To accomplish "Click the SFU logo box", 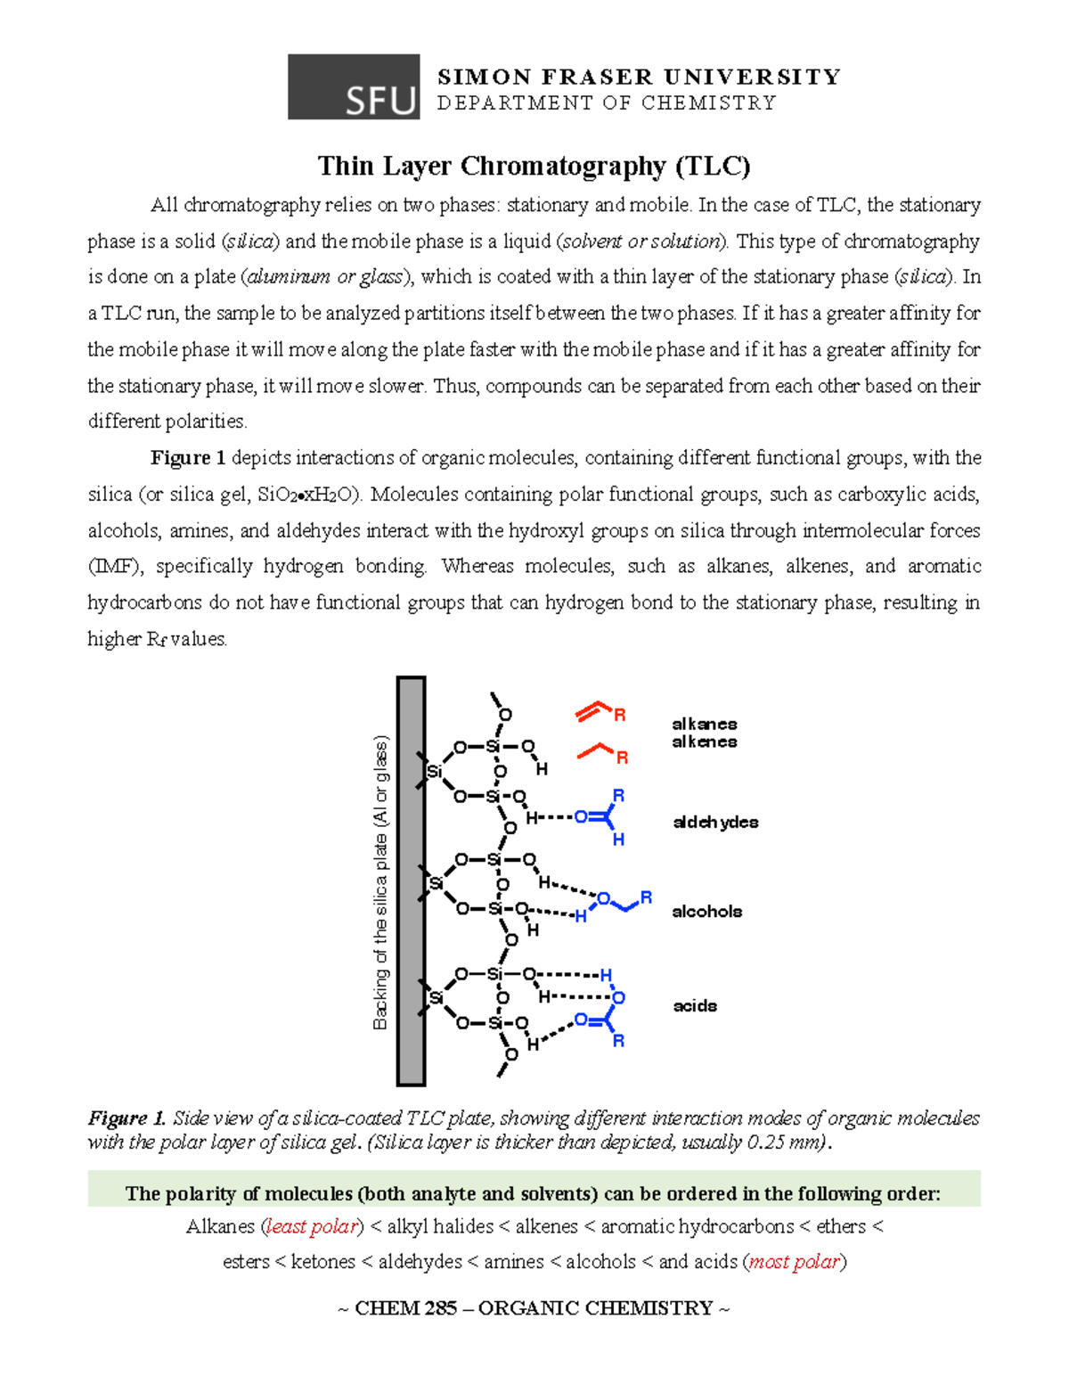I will click(x=354, y=86).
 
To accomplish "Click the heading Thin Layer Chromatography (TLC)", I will click(x=534, y=167).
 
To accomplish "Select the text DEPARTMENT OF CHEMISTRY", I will click(x=607, y=103).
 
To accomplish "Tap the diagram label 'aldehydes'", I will click(x=715, y=822).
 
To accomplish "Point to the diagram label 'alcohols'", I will click(x=707, y=911).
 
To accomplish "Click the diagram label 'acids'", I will click(x=695, y=1006).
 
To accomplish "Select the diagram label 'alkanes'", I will click(x=705, y=724).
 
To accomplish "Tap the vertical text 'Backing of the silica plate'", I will click(x=381, y=882).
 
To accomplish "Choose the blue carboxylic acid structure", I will click(x=606, y=1008).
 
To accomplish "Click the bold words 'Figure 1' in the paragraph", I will click(x=187, y=458).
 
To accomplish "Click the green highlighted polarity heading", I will click(x=534, y=1194).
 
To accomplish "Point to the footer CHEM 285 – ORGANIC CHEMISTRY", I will click(x=534, y=1308).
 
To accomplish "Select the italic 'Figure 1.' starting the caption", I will click(x=126, y=1118).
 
